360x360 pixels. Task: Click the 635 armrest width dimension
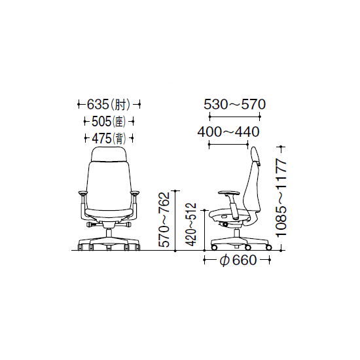[98, 105]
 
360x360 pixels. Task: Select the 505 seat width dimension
[101, 122]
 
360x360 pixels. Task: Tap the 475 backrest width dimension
[101, 139]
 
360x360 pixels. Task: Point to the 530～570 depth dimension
[234, 104]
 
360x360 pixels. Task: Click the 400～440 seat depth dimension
[228, 132]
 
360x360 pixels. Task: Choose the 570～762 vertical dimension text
[164, 220]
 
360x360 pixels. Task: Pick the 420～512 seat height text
[191, 225]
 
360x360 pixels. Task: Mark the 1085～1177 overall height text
[281, 198]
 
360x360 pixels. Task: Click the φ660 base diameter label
[238, 261]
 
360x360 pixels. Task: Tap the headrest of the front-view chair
[109, 154]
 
